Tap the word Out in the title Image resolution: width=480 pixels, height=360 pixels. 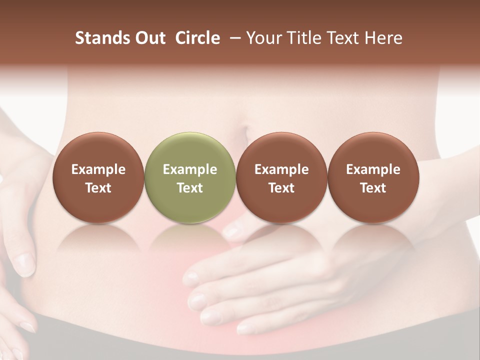coord(148,38)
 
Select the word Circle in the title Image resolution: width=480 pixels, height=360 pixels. coord(197,38)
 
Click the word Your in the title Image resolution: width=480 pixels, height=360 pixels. coord(263,38)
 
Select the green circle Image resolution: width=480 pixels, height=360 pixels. coord(190,177)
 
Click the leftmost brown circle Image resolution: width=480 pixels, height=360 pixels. coord(98,177)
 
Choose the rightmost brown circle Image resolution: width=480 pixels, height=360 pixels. coord(373,177)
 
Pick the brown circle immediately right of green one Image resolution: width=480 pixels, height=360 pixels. coord(281,177)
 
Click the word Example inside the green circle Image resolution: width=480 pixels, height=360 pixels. coord(190,169)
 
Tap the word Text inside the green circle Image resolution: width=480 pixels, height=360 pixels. coord(190,188)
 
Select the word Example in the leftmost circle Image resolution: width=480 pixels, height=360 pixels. coord(98,169)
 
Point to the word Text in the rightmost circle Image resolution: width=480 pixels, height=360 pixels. coord(373,188)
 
